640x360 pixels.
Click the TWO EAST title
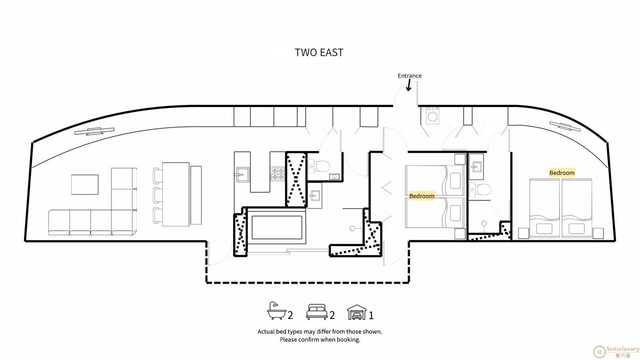(x=319, y=52)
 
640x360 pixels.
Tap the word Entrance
(x=410, y=76)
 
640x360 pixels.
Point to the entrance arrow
(x=409, y=85)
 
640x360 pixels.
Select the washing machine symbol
(x=432, y=116)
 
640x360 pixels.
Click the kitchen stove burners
(x=278, y=174)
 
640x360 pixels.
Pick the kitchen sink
(x=242, y=174)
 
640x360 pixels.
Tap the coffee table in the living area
(x=85, y=184)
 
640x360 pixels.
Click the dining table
(x=176, y=194)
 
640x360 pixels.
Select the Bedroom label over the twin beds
(x=422, y=196)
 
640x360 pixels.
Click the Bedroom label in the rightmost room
(x=562, y=173)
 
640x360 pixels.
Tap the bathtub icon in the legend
(x=276, y=310)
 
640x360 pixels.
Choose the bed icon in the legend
(x=316, y=312)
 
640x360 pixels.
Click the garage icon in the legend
(x=357, y=312)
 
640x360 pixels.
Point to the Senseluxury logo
(x=616, y=352)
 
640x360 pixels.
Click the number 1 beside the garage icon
(x=371, y=316)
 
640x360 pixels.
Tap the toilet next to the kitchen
(x=319, y=166)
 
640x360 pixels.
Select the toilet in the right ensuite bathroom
(x=480, y=190)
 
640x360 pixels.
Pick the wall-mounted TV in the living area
(x=94, y=131)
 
